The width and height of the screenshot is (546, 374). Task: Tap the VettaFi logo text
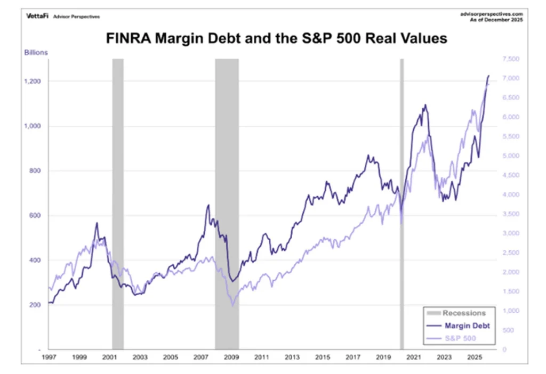(x=37, y=15)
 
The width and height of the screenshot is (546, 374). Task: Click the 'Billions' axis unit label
(x=35, y=52)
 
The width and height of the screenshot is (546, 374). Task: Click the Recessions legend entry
(x=464, y=313)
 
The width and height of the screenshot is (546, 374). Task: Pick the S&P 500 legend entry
(x=462, y=338)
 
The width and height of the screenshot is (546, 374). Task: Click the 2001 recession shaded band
(x=118, y=202)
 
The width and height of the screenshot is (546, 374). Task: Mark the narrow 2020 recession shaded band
(x=402, y=202)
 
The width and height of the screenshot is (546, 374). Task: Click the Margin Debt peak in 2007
(x=208, y=205)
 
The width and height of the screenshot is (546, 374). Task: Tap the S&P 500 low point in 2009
(x=232, y=305)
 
